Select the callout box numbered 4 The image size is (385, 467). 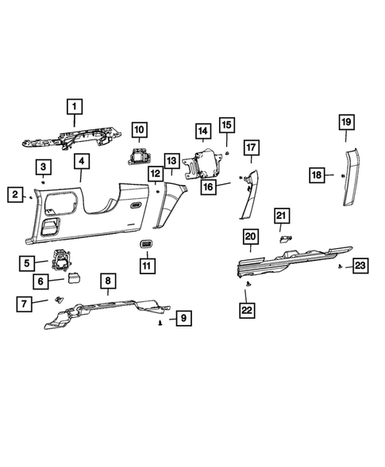point(80,163)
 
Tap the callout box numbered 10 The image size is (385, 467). point(139,128)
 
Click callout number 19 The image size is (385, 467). point(346,122)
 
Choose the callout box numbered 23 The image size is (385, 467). point(359,266)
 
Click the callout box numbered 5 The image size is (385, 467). point(28,263)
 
